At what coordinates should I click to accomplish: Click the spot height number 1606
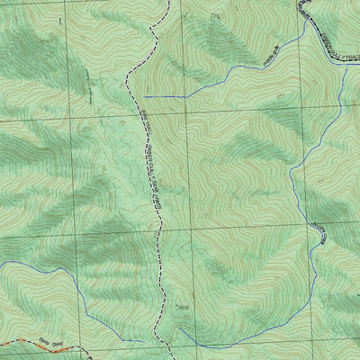pyautogui.click(x=184, y=308)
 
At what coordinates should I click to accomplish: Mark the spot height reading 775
pyautogui.click(x=214, y=16)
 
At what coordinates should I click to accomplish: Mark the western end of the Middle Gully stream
pyautogui.click(x=144, y=95)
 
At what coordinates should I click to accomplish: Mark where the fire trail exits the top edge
pyautogui.click(x=167, y=2)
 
